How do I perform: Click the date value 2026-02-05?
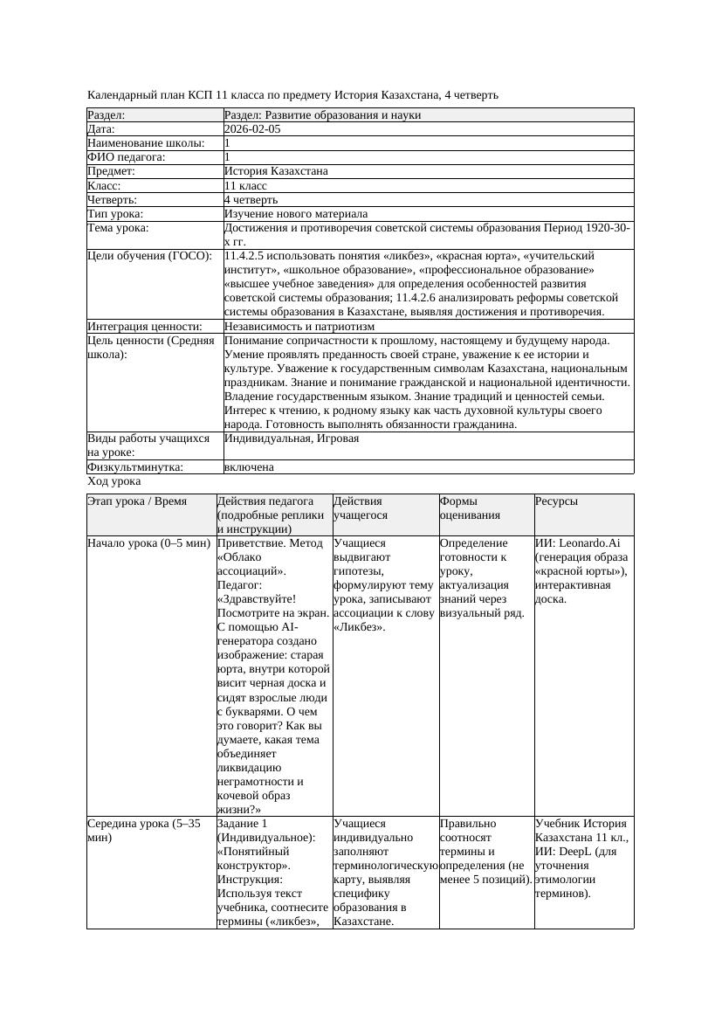point(252,129)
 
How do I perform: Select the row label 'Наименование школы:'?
point(147,143)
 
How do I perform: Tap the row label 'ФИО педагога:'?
point(127,157)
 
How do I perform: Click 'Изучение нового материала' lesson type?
point(296,214)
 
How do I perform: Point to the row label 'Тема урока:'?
point(118,228)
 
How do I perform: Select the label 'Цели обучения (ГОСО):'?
point(149,256)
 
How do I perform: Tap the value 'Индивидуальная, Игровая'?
point(292,438)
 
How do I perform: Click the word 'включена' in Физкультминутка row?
point(249,467)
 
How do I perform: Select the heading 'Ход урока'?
point(114,481)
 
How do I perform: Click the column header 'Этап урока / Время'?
point(138,501)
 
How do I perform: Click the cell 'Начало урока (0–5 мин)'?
point(149,543)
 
